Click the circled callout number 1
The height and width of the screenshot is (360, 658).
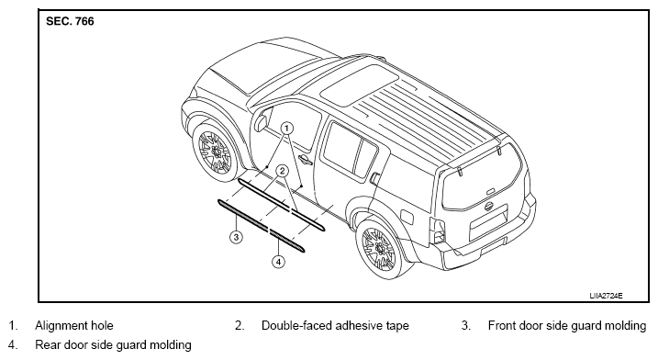coord(286,128)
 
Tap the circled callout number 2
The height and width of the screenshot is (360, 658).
coord(282,171)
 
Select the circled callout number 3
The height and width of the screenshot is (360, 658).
coord(236,237)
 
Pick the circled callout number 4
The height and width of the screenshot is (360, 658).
coord(278,262)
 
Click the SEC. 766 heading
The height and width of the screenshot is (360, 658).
coord(70,21)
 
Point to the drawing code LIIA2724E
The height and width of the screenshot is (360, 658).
coord(606,296)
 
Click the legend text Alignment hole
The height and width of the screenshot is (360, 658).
coord(74,325)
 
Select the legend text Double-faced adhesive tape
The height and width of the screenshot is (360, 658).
coord(335,325)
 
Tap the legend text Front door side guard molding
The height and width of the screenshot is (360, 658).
coord(567,325)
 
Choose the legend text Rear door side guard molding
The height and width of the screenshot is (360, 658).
coord(113,345)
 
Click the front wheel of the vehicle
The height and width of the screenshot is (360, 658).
coord(215,152)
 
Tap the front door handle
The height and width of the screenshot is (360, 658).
coord(304,159)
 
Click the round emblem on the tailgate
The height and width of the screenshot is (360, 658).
coord(488,207)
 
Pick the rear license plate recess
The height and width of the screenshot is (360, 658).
coord(488,222)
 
